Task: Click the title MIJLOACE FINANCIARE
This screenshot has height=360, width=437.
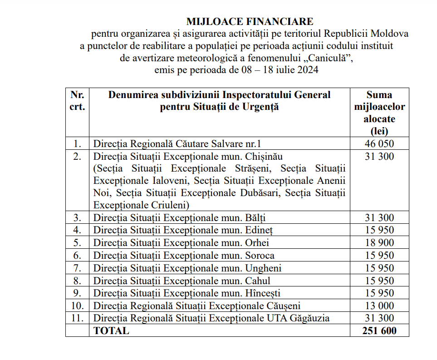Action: pyautogui.click(x=250, y=21)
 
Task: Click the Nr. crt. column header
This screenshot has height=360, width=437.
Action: pyautogui.click(x=77, y=101)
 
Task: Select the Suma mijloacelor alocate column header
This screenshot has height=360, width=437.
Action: pyautogui.click(x=379, y=113)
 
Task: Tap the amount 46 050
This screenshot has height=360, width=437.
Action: pyautogui.click(x=379, y=144)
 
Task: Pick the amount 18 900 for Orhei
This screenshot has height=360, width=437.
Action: pyautogui.click(x=379, y=242)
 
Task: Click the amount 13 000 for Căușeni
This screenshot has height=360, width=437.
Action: pyautogui.click(x=379, y=306)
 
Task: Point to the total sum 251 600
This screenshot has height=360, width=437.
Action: pyautogui.click(x=379, y=330)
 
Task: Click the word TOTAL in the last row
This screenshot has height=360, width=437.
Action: pyautogui.click(x=111, y=330)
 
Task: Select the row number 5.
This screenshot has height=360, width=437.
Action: pyautogui.click(x=77, y=242)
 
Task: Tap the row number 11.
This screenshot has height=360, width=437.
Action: pyautogui.click(x=77, y=318)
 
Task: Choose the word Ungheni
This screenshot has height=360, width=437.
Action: pyautogui.click(x=263, y=268)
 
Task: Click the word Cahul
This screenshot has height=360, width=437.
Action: pyautogui.click(x=257, y=281)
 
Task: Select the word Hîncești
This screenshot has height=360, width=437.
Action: pyautogui.click(x=263, y=293)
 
